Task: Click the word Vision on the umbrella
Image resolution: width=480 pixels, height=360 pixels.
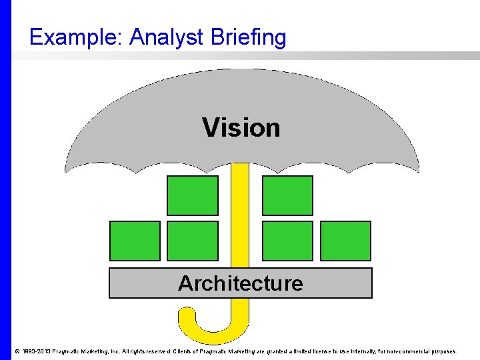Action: tap(241, 127)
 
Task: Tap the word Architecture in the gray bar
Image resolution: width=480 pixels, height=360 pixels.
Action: tap(240, 283)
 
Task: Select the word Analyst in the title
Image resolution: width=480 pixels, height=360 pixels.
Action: tap(166, 37)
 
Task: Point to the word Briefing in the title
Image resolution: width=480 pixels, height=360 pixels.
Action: tap(247, 37)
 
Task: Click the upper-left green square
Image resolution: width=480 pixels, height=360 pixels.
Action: tap(192, 195)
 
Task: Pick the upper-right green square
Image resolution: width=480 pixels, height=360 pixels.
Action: tap(287, 195)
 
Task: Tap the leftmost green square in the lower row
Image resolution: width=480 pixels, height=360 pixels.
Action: tap(135, 241)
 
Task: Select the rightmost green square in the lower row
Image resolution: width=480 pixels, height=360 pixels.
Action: tap(345, 241)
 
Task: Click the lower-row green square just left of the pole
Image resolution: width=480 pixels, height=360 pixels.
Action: tap(192, 241)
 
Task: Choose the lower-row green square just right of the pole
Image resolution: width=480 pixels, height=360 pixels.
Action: tap(287, 241)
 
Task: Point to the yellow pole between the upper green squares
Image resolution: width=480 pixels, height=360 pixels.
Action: tap(240, 193)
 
